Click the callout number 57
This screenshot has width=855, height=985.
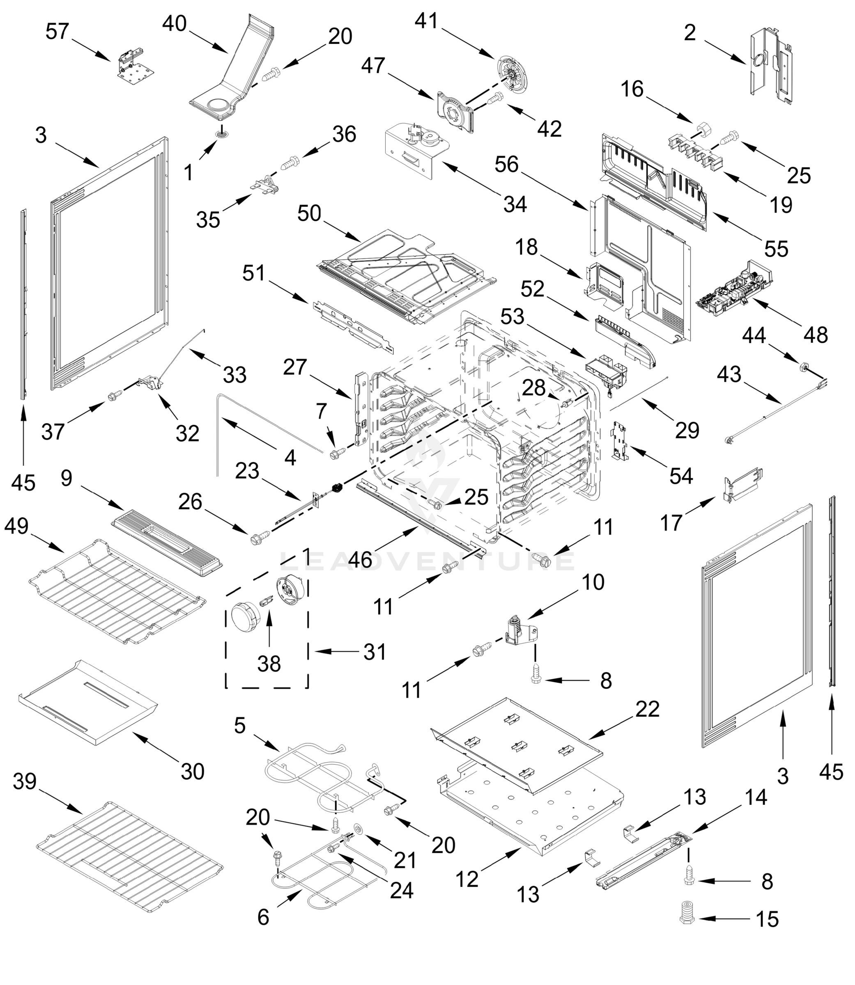coord(57,32)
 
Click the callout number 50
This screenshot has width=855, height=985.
coord(309,213)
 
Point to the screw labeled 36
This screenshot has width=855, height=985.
coord(290,163)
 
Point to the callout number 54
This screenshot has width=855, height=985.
coord(681,475)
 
